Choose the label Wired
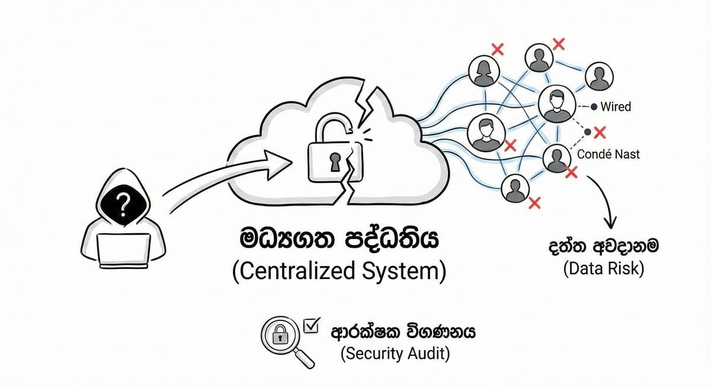pos(616,107)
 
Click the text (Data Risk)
pos(603,269)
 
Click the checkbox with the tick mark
pos(310,325)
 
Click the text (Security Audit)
pos(395,354)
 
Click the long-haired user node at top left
pos(482,70)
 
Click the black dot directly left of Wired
pos(594,107)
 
